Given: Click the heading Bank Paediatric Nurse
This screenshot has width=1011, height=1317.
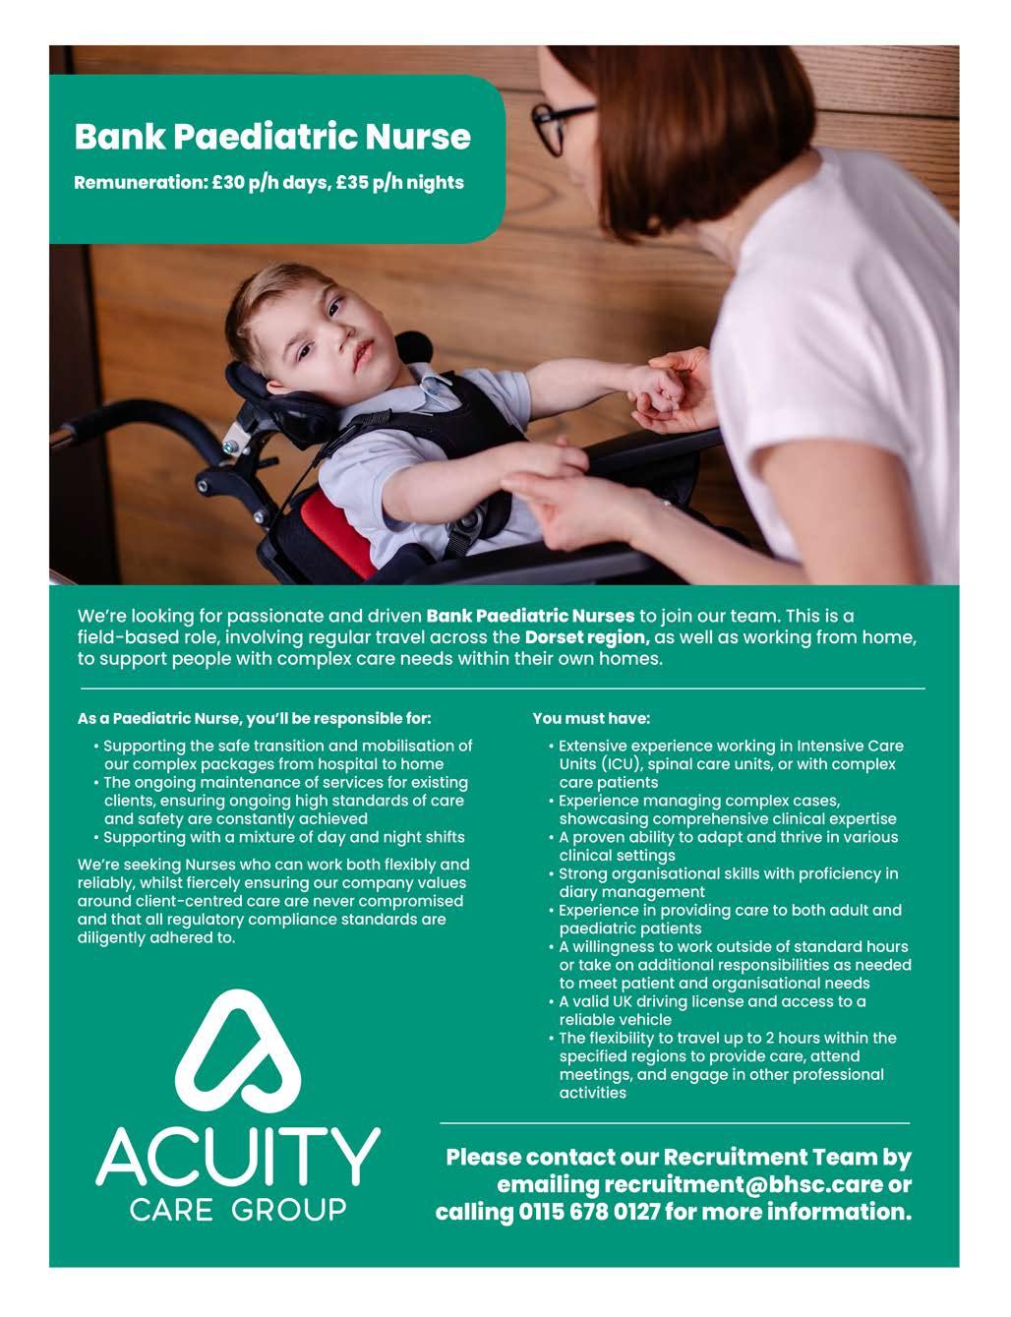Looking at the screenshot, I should [272, 136].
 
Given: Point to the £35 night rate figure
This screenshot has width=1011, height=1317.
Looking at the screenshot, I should [349, 183].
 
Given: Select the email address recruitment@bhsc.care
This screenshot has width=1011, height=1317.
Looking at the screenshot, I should [743, 1184].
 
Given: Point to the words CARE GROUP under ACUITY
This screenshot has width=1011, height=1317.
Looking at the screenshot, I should [238, 1210].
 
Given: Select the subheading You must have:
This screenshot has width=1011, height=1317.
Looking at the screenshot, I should [591, 719].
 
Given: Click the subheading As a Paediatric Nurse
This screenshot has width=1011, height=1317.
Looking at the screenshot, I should [254, 719].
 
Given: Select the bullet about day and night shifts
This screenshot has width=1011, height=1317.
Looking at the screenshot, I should [284, 837].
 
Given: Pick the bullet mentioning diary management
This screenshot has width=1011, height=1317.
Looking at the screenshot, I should [728, 882].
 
